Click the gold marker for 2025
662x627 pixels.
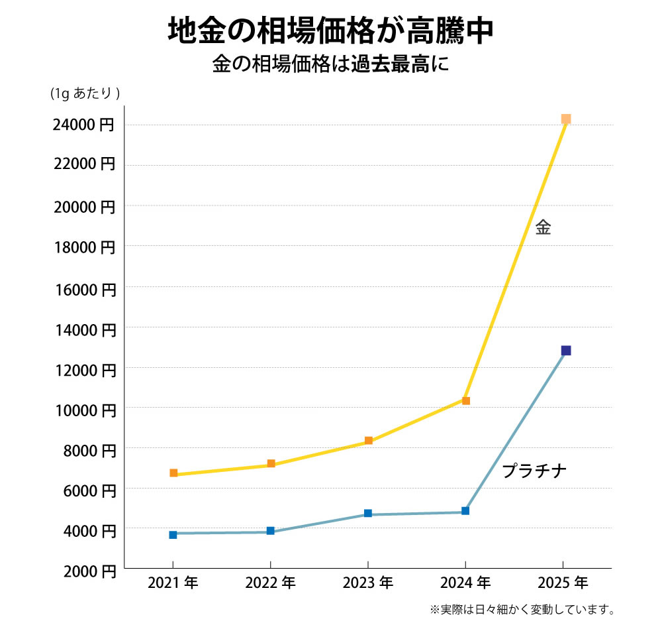tap(566, 119)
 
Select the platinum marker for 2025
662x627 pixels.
tap(566, 351)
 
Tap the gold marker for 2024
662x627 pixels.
tap(466, 400)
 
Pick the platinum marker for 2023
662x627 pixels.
tap(368, 514)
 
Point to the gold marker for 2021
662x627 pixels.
tap(173, 473)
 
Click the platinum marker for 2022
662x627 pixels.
tap(271, 531)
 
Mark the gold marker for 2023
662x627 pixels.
tap(369, 441)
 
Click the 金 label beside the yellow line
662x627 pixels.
tap(543, 228)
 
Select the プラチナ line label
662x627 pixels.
tap(534, 471)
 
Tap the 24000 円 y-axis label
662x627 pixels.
tap(84, 125)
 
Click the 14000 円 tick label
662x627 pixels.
tap(84, 329)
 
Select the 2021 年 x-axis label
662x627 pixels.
tap(173, 583)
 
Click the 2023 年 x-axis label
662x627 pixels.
tap(368, 583)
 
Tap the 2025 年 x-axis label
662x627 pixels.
tap(563, 583)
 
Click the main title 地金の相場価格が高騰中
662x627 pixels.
tap(330, 30)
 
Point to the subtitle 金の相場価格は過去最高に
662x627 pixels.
tap(330, 65)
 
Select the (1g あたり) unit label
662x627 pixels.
tap(85, 93)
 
